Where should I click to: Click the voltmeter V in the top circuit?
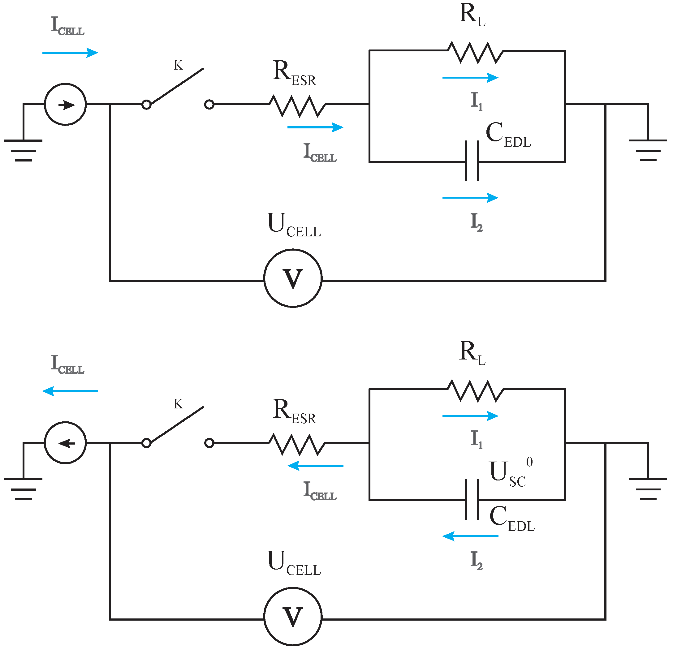coord(293,278)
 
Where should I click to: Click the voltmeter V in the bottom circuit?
coord(293,617)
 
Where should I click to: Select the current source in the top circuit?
coord(65,104)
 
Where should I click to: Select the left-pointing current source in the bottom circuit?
coord(65,443)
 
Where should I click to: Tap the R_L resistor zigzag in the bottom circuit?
coord(476,390)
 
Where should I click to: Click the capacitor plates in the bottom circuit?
coord(472,500)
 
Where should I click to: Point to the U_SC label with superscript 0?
coord(510,473)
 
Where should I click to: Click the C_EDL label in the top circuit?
coord(508,135)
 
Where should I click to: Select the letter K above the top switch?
coord(178,65)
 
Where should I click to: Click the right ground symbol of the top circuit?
coord(648,150)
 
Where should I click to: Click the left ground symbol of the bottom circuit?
coord(23,488)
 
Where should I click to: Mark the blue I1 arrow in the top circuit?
coord(470,78)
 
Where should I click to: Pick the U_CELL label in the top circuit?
coord(294,225)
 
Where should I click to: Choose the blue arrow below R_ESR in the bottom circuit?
coord(315,466)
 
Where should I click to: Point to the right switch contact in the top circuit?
coord(209,104)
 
